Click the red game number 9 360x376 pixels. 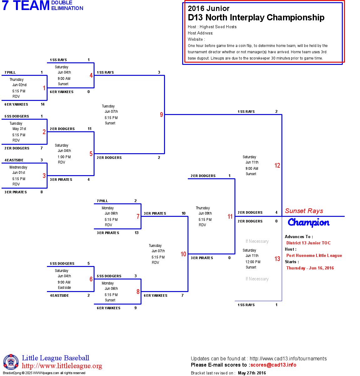point(162,115)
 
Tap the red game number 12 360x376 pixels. point(277,165)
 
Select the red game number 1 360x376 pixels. point(44,88)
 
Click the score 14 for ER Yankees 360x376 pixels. point(43,104)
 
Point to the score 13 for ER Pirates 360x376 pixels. point(136,233)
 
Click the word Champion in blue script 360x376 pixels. point(308,222)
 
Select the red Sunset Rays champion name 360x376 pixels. point(304,211)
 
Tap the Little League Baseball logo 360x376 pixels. point(11,362)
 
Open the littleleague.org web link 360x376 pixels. point(62,366)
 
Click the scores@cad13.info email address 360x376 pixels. point(273,365)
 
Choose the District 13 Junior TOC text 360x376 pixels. point(308,243)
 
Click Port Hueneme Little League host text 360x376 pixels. point(314,255)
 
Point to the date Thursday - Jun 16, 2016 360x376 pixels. point(310,268)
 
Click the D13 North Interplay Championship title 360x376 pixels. point(256,18)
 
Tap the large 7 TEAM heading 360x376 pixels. point(26,6)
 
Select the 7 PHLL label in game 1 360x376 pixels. point(10,72)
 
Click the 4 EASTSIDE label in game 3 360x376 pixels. point(14,160)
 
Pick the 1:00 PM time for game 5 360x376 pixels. point(64,157)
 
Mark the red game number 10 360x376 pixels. point(183,254)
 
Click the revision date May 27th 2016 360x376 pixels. point(252,373)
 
